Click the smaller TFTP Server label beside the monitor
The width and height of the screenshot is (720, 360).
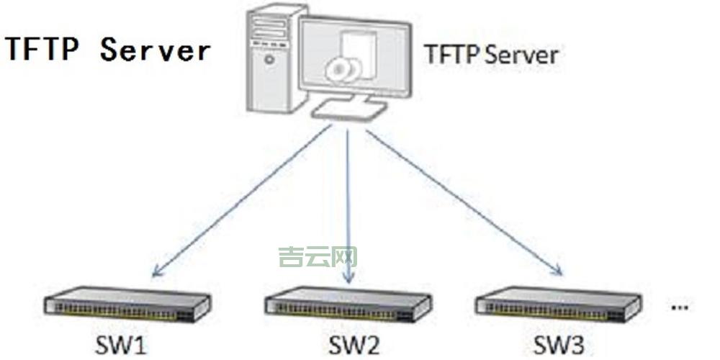tap(491, 55)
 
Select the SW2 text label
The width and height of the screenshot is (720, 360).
tap(354, 345)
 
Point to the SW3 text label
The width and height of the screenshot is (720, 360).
tap(559, 343)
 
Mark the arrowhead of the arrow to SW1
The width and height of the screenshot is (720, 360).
tap(156, 274)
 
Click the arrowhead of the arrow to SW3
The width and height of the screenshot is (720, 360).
tap(558, 271)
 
